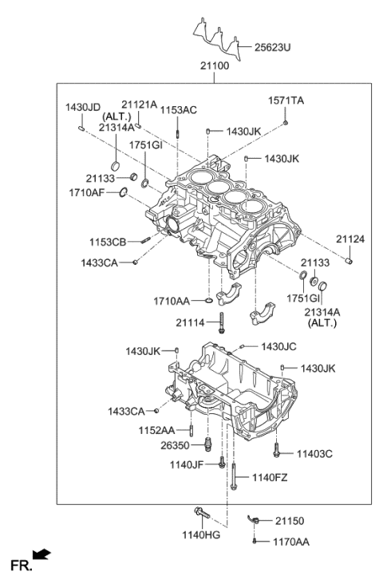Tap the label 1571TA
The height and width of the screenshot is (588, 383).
click(x=286, y=101)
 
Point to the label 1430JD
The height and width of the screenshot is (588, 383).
click(x=82, y=107)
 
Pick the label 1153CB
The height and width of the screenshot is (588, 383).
click(x=108, y=241)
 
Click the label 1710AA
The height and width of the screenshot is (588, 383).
click(x=171, y=301)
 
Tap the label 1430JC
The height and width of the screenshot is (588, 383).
click(x=279, y=346)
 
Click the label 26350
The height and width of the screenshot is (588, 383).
click(x=177, y=445)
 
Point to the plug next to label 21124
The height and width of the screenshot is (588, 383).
click(x=349, y=261)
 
